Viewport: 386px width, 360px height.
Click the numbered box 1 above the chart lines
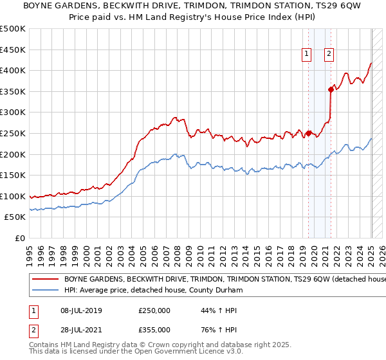[308, 54]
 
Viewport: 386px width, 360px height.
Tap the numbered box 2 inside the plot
[329, 54]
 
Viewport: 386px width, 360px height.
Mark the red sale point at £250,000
[308, 133]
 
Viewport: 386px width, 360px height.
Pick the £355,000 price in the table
[154, 330]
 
